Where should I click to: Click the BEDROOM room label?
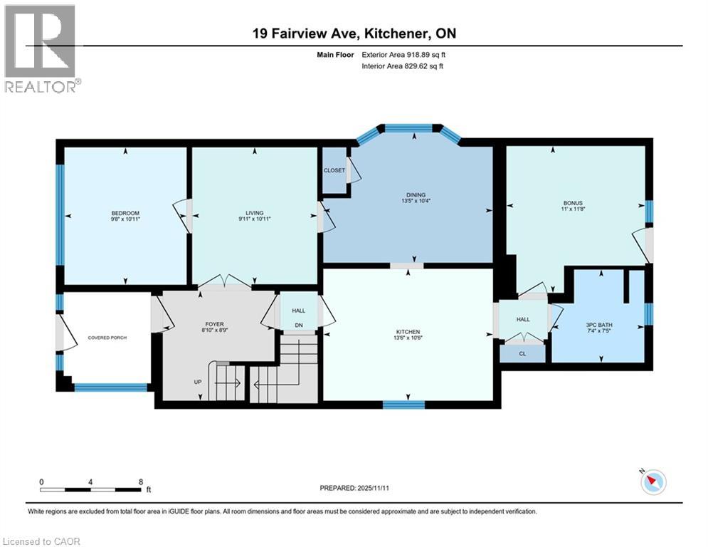pos(125,213)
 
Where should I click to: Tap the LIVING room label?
pos(254,213)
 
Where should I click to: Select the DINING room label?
pos(416,194)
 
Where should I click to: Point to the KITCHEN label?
pos(408,332)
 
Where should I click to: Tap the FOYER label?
pos(214,324)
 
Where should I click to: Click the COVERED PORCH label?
pos(107,337)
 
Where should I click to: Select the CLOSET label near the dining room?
pos(334,170)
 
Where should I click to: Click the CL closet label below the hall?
pos(522,353)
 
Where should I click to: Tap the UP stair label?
pos(197,382)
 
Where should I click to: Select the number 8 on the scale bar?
pos(140,481)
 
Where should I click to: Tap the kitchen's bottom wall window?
pos(403,405)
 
